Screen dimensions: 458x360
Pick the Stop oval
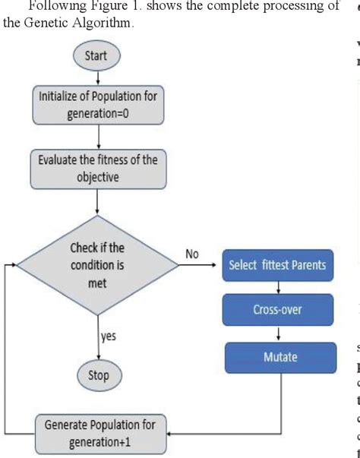(99, 374)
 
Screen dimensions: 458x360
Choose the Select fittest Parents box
(277, 265)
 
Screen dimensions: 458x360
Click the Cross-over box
(279, 310)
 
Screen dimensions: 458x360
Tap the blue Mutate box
(279, 356)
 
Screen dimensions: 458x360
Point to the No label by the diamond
(193, 253)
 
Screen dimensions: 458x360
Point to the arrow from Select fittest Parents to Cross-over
(279, 287)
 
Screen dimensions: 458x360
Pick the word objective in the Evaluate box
(99, 176)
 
